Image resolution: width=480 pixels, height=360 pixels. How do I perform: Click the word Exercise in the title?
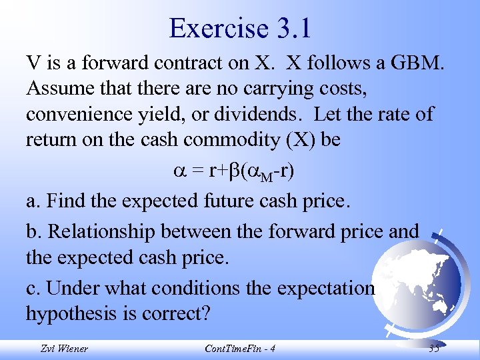[215, 28]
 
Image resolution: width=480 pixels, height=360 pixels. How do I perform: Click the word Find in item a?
[69, 199]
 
